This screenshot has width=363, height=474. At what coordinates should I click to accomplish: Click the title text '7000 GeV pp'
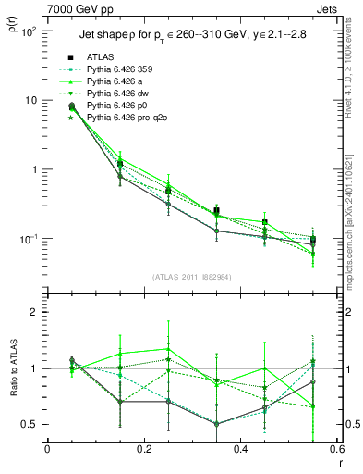(79, 8)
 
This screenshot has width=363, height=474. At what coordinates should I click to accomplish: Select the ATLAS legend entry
(103, 56)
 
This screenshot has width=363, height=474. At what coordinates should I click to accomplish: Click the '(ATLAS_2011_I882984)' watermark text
(192, 277)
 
